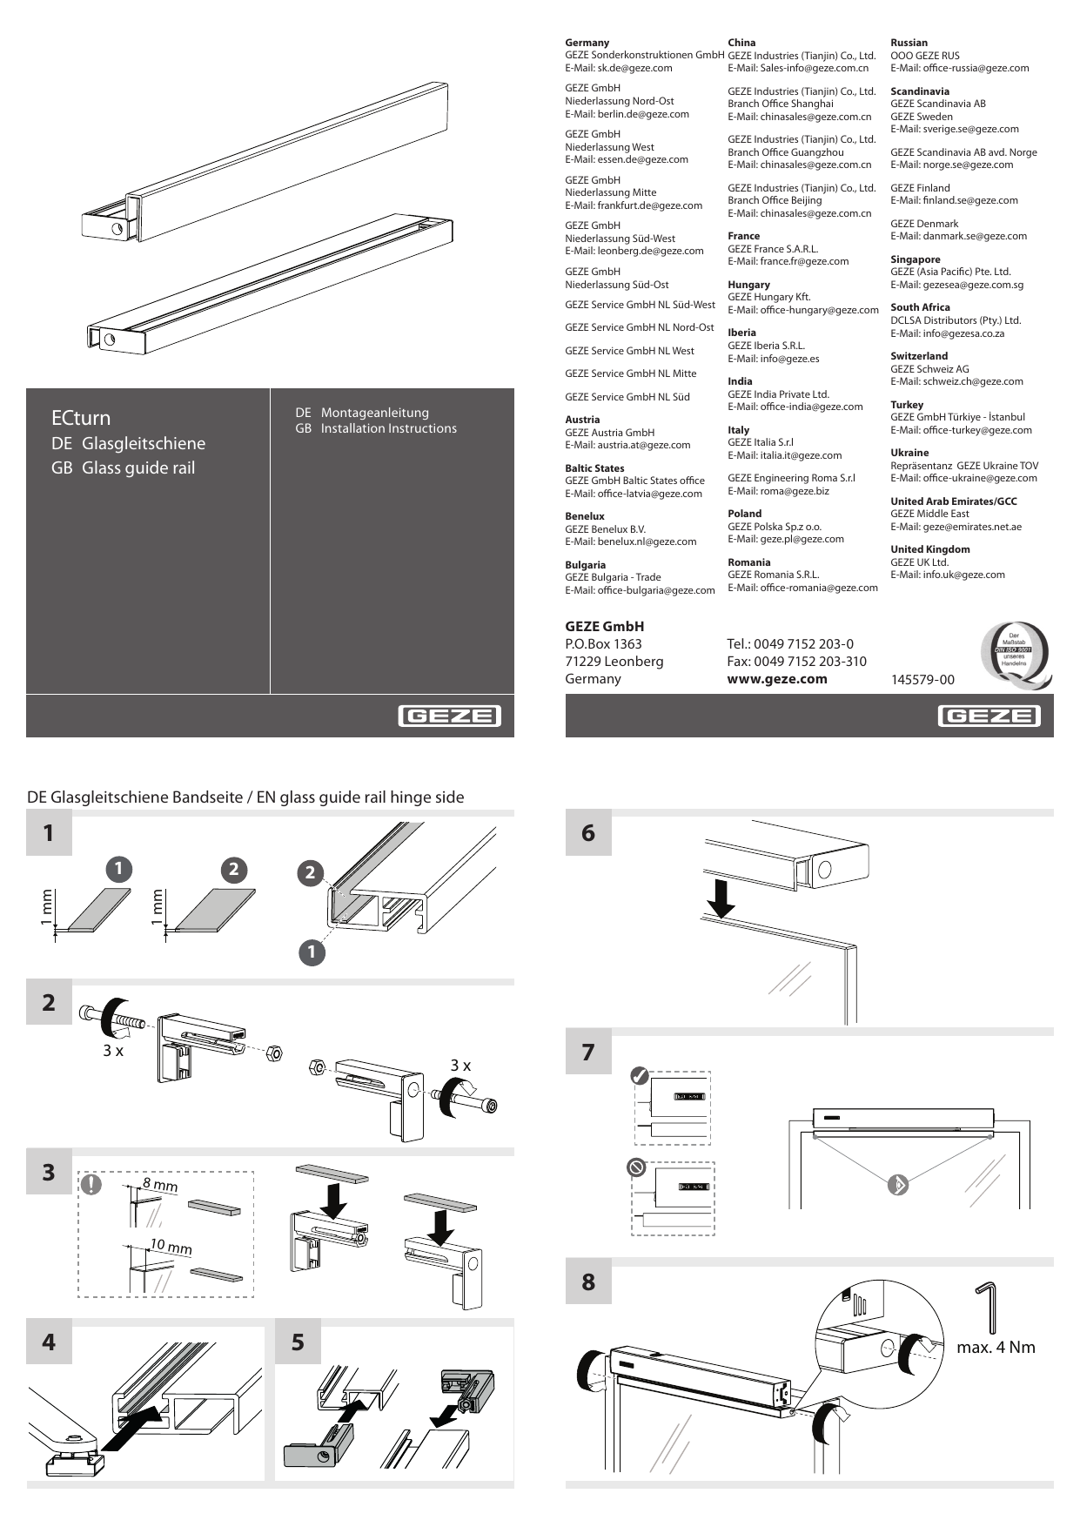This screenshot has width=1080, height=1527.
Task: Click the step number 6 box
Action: (588, 833)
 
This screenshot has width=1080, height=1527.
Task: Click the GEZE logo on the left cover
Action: (450, 716)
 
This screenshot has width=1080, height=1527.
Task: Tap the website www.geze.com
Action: (776, 679)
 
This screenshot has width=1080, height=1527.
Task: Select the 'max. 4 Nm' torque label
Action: (996, 1348)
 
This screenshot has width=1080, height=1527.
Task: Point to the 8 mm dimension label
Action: (160, 1185)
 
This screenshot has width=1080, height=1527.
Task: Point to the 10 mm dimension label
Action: (171, 1248)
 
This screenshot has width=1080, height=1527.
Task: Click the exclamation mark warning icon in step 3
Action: (91, 1184)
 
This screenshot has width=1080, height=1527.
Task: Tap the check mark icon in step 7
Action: (641, 1076)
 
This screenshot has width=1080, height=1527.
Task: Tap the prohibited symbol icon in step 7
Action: (636, 1167)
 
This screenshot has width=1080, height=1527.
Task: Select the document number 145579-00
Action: (922, 680)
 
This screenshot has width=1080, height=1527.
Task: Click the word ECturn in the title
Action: (81, 418)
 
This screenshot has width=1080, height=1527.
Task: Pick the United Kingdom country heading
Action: (929, 549)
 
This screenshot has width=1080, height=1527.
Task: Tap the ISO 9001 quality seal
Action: (1014, 654)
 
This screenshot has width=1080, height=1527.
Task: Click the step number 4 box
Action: (49, 1342)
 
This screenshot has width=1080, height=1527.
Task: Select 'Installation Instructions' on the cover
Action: (388, 428)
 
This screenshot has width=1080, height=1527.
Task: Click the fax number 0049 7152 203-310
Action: (796, 662)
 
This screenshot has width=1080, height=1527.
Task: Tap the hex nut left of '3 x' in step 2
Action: (318, 1067)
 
